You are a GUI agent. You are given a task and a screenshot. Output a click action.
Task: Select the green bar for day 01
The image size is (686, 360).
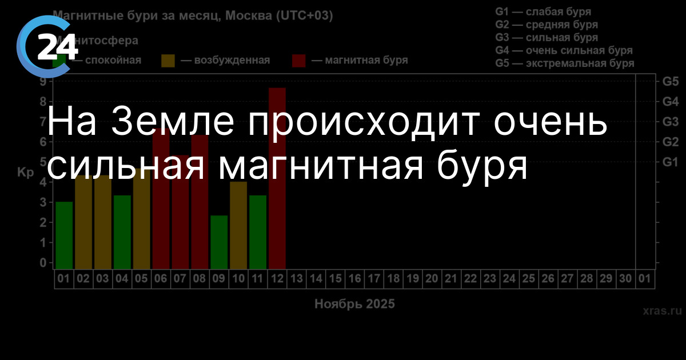(x=64, y=235)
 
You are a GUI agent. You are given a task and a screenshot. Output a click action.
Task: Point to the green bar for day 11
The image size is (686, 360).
(x=258, y=231)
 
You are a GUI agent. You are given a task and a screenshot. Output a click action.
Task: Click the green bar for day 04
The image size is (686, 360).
(x=122, y=231)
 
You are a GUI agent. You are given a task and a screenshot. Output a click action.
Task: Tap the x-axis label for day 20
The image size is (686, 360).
(x=432, y=279)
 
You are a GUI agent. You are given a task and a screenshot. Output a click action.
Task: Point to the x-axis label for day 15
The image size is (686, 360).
(x=335, y=279)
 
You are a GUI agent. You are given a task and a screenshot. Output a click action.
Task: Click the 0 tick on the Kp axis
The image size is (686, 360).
(x=43, y=263)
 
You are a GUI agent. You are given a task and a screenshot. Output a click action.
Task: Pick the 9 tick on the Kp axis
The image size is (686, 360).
(x=43, y=82)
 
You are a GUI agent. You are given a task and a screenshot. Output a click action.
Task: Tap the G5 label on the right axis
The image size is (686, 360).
(x=670, y=82)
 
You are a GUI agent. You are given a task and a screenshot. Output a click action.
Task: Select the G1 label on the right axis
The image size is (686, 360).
(x=670, y=162)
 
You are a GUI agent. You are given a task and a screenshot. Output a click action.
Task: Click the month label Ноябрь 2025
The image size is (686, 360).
(x=354, y=304)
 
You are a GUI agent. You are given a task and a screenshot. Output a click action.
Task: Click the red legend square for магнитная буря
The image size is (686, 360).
(x=299, y=61)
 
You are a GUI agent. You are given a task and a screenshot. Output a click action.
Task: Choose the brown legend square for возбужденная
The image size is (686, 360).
(x=168, y=61)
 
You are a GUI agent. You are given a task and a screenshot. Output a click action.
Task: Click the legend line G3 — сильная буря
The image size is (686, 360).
(x=547, y=38)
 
